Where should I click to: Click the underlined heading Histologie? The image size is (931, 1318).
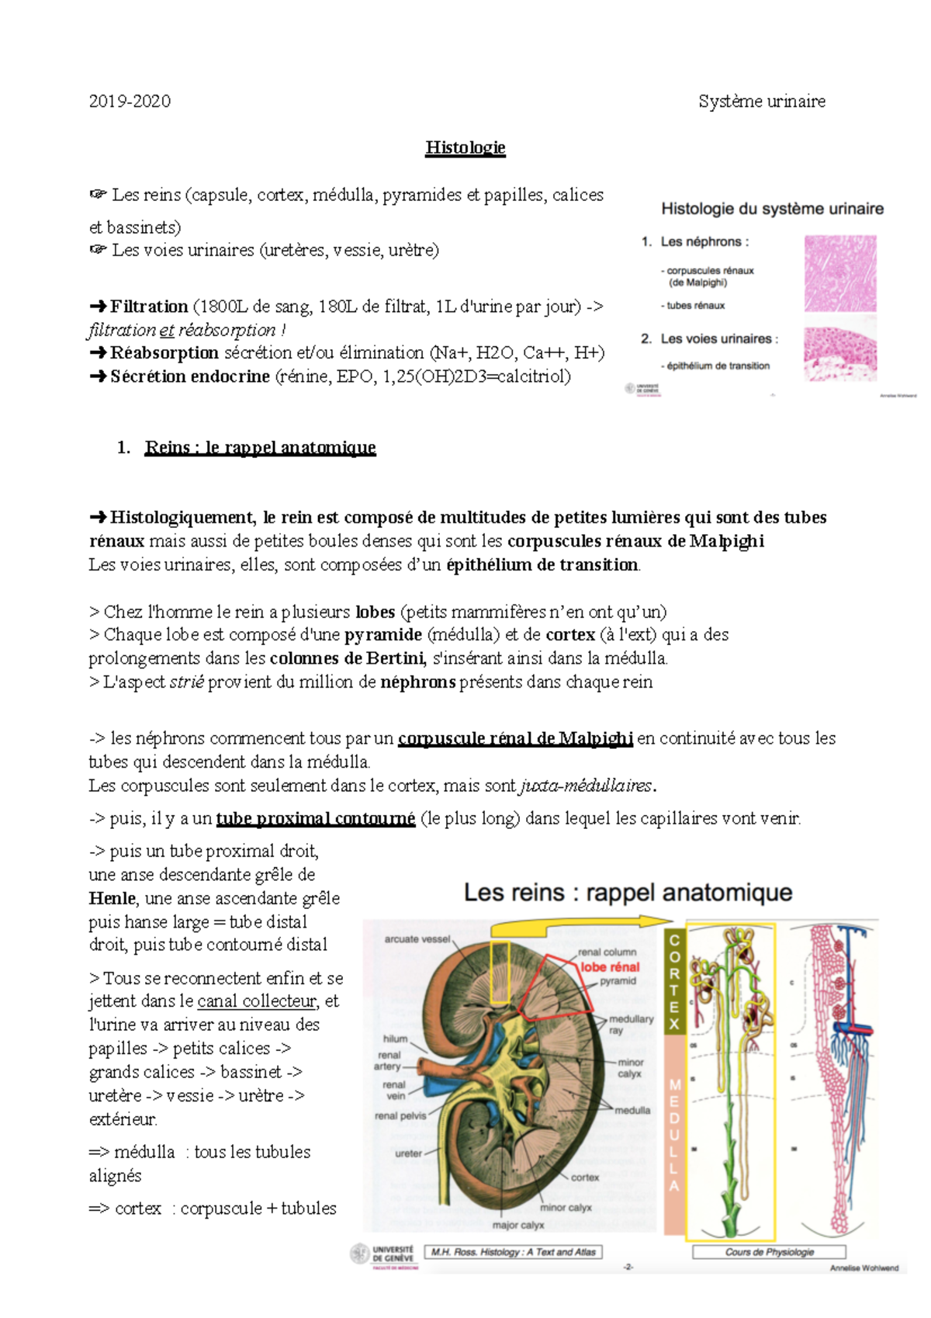click(465, 147)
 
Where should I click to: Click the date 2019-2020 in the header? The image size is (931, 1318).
click(130, 101)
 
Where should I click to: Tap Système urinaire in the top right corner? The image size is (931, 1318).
click(761, 101)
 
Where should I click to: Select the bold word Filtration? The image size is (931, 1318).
click(148, 307)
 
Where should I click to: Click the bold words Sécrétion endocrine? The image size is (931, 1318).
click(189, 376)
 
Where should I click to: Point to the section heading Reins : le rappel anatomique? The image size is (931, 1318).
click(260, 447)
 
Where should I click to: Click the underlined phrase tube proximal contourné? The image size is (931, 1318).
click(315, 818)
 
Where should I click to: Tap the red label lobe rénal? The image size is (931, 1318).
click(610, 967)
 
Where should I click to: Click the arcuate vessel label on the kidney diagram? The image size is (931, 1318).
click(417, 938)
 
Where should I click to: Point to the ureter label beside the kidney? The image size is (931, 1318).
click(408, 1153)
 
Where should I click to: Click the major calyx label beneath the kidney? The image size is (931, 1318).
click(517, 1225)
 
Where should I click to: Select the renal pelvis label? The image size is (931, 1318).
click(400, 1115)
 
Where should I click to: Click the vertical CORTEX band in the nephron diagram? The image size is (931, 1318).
click(674, 981)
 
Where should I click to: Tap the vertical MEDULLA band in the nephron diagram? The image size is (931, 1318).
click(674, 1133)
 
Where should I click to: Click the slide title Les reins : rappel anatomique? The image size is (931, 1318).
click(628, 893)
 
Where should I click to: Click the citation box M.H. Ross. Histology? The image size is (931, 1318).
click(513, 1252)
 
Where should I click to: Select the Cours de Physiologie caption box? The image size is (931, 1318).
click(769, 1252)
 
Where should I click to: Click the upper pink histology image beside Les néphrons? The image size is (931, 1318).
click(840, 273)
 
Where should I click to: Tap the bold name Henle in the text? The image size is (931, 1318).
click(112, 898)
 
